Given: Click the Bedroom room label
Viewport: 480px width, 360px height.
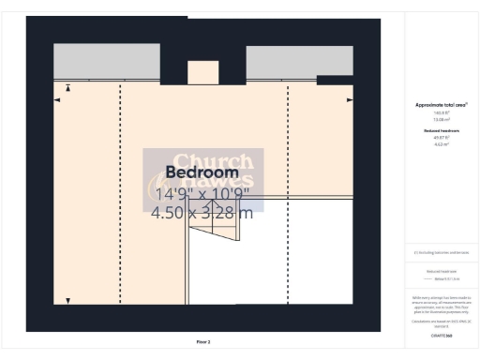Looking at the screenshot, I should point(202,173).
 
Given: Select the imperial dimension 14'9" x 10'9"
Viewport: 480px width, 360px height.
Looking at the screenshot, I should point(202,194).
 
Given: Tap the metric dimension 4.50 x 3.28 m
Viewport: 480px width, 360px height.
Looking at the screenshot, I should point(202,213).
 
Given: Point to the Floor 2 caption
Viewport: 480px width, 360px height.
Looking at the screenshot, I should point(202,342).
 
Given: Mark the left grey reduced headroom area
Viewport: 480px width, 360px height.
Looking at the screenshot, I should point(105,62).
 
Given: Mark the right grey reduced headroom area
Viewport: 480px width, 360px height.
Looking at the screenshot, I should point(286,62).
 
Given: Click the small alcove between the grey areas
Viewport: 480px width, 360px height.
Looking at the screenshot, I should point(202,72).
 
